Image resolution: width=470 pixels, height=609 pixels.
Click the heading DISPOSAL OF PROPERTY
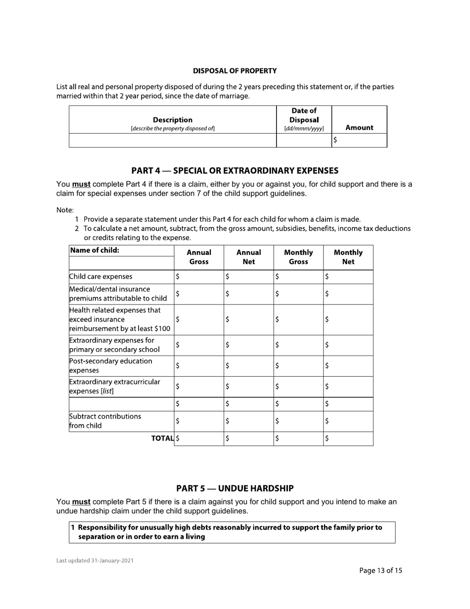(x=235, y=71)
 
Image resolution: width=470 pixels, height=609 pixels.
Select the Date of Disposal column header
(x=304, y=119)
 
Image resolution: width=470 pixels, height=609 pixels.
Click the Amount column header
(x=359, y=128)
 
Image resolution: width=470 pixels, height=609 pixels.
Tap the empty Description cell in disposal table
(x=172, y=140)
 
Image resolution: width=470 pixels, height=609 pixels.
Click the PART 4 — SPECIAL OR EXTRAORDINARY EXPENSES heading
(x=235, y=171)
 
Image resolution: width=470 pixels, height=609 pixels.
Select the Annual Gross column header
(x=198, y=257)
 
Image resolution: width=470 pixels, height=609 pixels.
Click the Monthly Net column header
(x=348, y=257)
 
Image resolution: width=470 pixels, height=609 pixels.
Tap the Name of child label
(x=95, y=251)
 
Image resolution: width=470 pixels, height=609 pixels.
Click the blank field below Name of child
(x=121, y=263)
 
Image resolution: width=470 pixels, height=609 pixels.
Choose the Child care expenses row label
(x=101, y=277)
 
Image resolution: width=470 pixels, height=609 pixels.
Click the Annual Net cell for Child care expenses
(x=248, y=277)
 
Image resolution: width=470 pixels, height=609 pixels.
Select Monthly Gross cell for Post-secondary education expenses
(x=298, y=366)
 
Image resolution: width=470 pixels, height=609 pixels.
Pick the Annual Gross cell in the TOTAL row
(x=199, y=438)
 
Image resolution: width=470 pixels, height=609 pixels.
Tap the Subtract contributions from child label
(x=105, y=421)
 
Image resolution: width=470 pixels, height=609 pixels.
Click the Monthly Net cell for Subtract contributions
(x=348, y=421)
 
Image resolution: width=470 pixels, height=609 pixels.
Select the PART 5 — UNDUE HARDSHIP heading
(x=235, y=488)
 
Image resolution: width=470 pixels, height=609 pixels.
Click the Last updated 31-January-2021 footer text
(x=94, y=561)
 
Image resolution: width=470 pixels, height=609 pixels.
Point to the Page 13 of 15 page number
(x=380, y=570)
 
